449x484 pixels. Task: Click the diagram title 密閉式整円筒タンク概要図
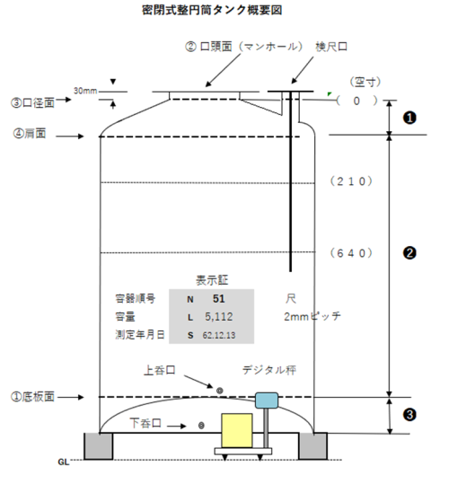pos(212,10)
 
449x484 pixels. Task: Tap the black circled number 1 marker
pos(409,118)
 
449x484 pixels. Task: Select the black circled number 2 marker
pos(409,253)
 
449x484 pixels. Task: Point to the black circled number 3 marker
pos(409,415)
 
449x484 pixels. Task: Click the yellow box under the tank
pos(237,430)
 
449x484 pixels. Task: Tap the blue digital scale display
pos(267,400)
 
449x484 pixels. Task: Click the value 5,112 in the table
pos(219,317)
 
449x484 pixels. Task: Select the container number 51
pos(219,298)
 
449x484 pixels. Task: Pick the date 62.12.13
pos(219,335)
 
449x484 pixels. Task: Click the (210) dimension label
pos(351,181)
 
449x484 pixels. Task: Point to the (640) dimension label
pos(351,253)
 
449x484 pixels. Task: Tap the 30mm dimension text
pos(85,91)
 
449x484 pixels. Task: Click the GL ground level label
pos(64,462)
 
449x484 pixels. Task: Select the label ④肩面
pos(30,134)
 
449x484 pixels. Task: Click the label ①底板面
pos(32,397)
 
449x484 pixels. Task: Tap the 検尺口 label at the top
pos(331,47)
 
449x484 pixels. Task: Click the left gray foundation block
pos(99,446)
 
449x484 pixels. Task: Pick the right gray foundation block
pos(313,446)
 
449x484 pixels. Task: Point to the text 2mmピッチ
pos(313,316)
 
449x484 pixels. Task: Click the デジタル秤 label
pos(269,370)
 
